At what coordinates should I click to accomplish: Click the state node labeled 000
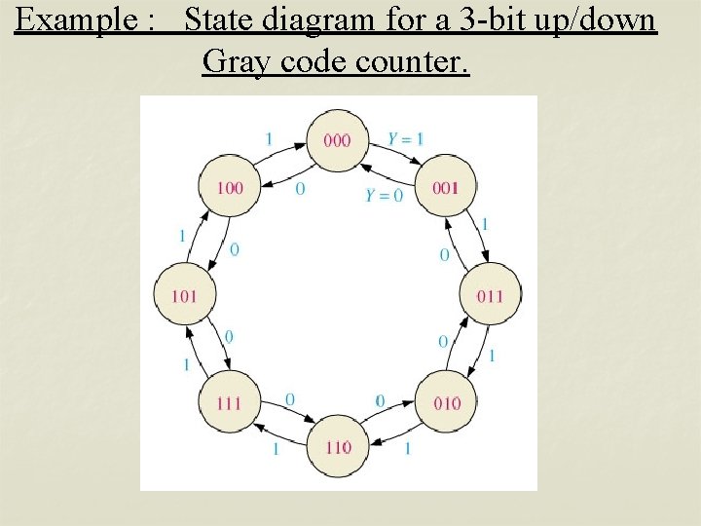click(x=337, y=140)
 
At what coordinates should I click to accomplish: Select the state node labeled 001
click(x=446, y=188)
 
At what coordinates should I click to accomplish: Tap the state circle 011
click(x=490, y=294)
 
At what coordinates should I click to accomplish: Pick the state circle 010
click(x=447, y=402)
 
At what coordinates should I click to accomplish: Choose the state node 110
click(x=337, y=447)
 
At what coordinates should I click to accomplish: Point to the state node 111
click(x=229, y=402)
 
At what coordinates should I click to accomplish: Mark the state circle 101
click(x=184, y=294)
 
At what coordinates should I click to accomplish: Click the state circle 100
click(x=229, y=188)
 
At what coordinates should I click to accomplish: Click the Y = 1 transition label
click(x=405, y=139)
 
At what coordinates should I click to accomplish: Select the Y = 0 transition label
click(x=384, y=195)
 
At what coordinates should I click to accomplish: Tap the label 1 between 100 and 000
click(x=269, y=138)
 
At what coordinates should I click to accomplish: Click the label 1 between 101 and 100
click(x=182, y=236)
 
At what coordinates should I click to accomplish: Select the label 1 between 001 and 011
click(x=485, y=224)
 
